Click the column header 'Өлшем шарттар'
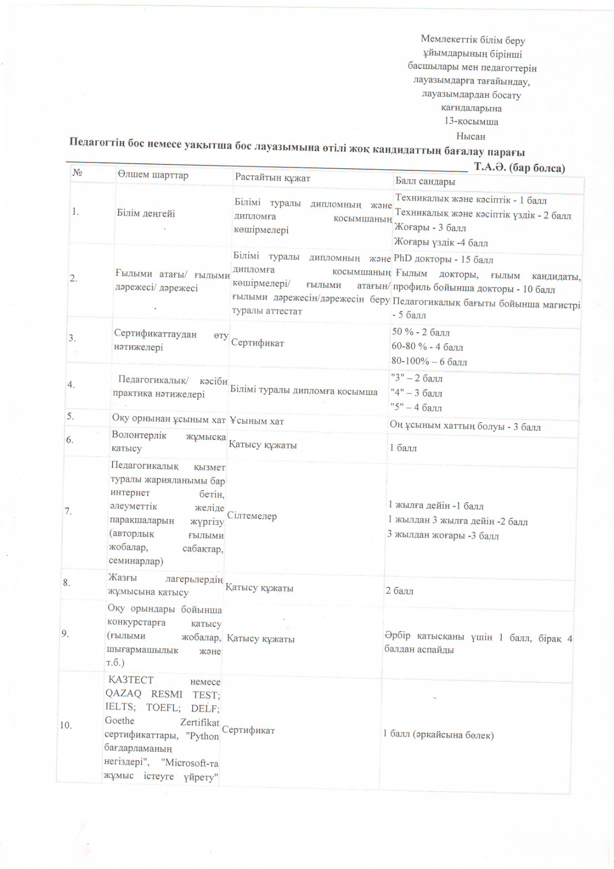coord(153,175)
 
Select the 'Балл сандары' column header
coord(425,181)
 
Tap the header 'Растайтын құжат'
coord(272,177)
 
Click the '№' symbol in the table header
coord(77,172)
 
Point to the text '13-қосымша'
coord(471,122)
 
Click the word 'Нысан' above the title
coord(470,136)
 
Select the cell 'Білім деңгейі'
coord(145,213)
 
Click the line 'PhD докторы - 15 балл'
coord(443,259)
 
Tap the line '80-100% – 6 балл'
coord(429,362)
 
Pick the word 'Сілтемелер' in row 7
coord(251,516)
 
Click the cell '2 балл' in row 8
coord(399,591)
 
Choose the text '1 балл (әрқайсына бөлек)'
coord(438,735)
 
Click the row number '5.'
coord(71,417)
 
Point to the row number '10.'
coord(66,725)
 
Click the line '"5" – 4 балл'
coord(416,407)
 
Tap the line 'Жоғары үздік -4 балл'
coord(441,242)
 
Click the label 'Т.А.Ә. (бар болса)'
coord(519,167)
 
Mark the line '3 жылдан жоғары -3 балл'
coord(442,536)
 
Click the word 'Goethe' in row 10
coord(119,721)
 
